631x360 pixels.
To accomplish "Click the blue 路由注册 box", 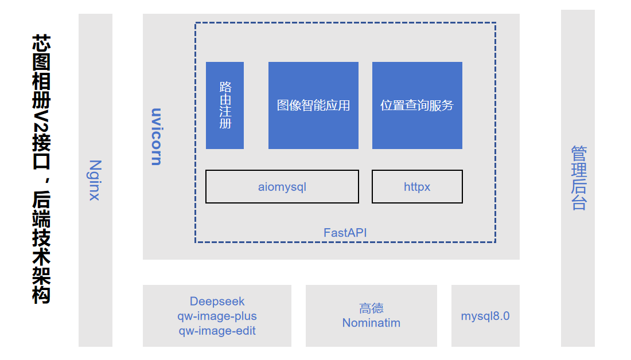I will tap(225, 105).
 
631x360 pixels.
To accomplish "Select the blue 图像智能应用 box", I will tap(313, 105).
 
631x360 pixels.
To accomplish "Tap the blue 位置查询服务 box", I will tap(417, 105).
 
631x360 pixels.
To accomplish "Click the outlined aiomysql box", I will tap(282, 187).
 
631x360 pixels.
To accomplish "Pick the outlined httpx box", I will tap(417, 187).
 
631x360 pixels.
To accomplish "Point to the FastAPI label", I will tap(345, 233).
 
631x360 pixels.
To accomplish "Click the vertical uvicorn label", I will tap(155, 136).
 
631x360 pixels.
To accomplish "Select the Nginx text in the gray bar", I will tap(95, 180).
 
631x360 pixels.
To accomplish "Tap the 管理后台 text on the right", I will tap(578, 178).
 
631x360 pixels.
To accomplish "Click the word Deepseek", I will tap(217, 302).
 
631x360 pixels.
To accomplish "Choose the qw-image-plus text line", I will tap(217, 316).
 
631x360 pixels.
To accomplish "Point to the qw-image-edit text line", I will tap(217, 331).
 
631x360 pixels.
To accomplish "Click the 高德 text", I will tap(371, 308).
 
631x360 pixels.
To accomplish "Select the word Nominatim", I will tap(371, 323).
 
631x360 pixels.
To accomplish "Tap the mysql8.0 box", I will tap(485, 316).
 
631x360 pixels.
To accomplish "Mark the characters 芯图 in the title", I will tap(41, 53).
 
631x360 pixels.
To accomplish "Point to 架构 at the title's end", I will tap(41, 285).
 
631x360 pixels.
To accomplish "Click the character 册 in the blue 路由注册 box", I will tap(225, 123).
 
